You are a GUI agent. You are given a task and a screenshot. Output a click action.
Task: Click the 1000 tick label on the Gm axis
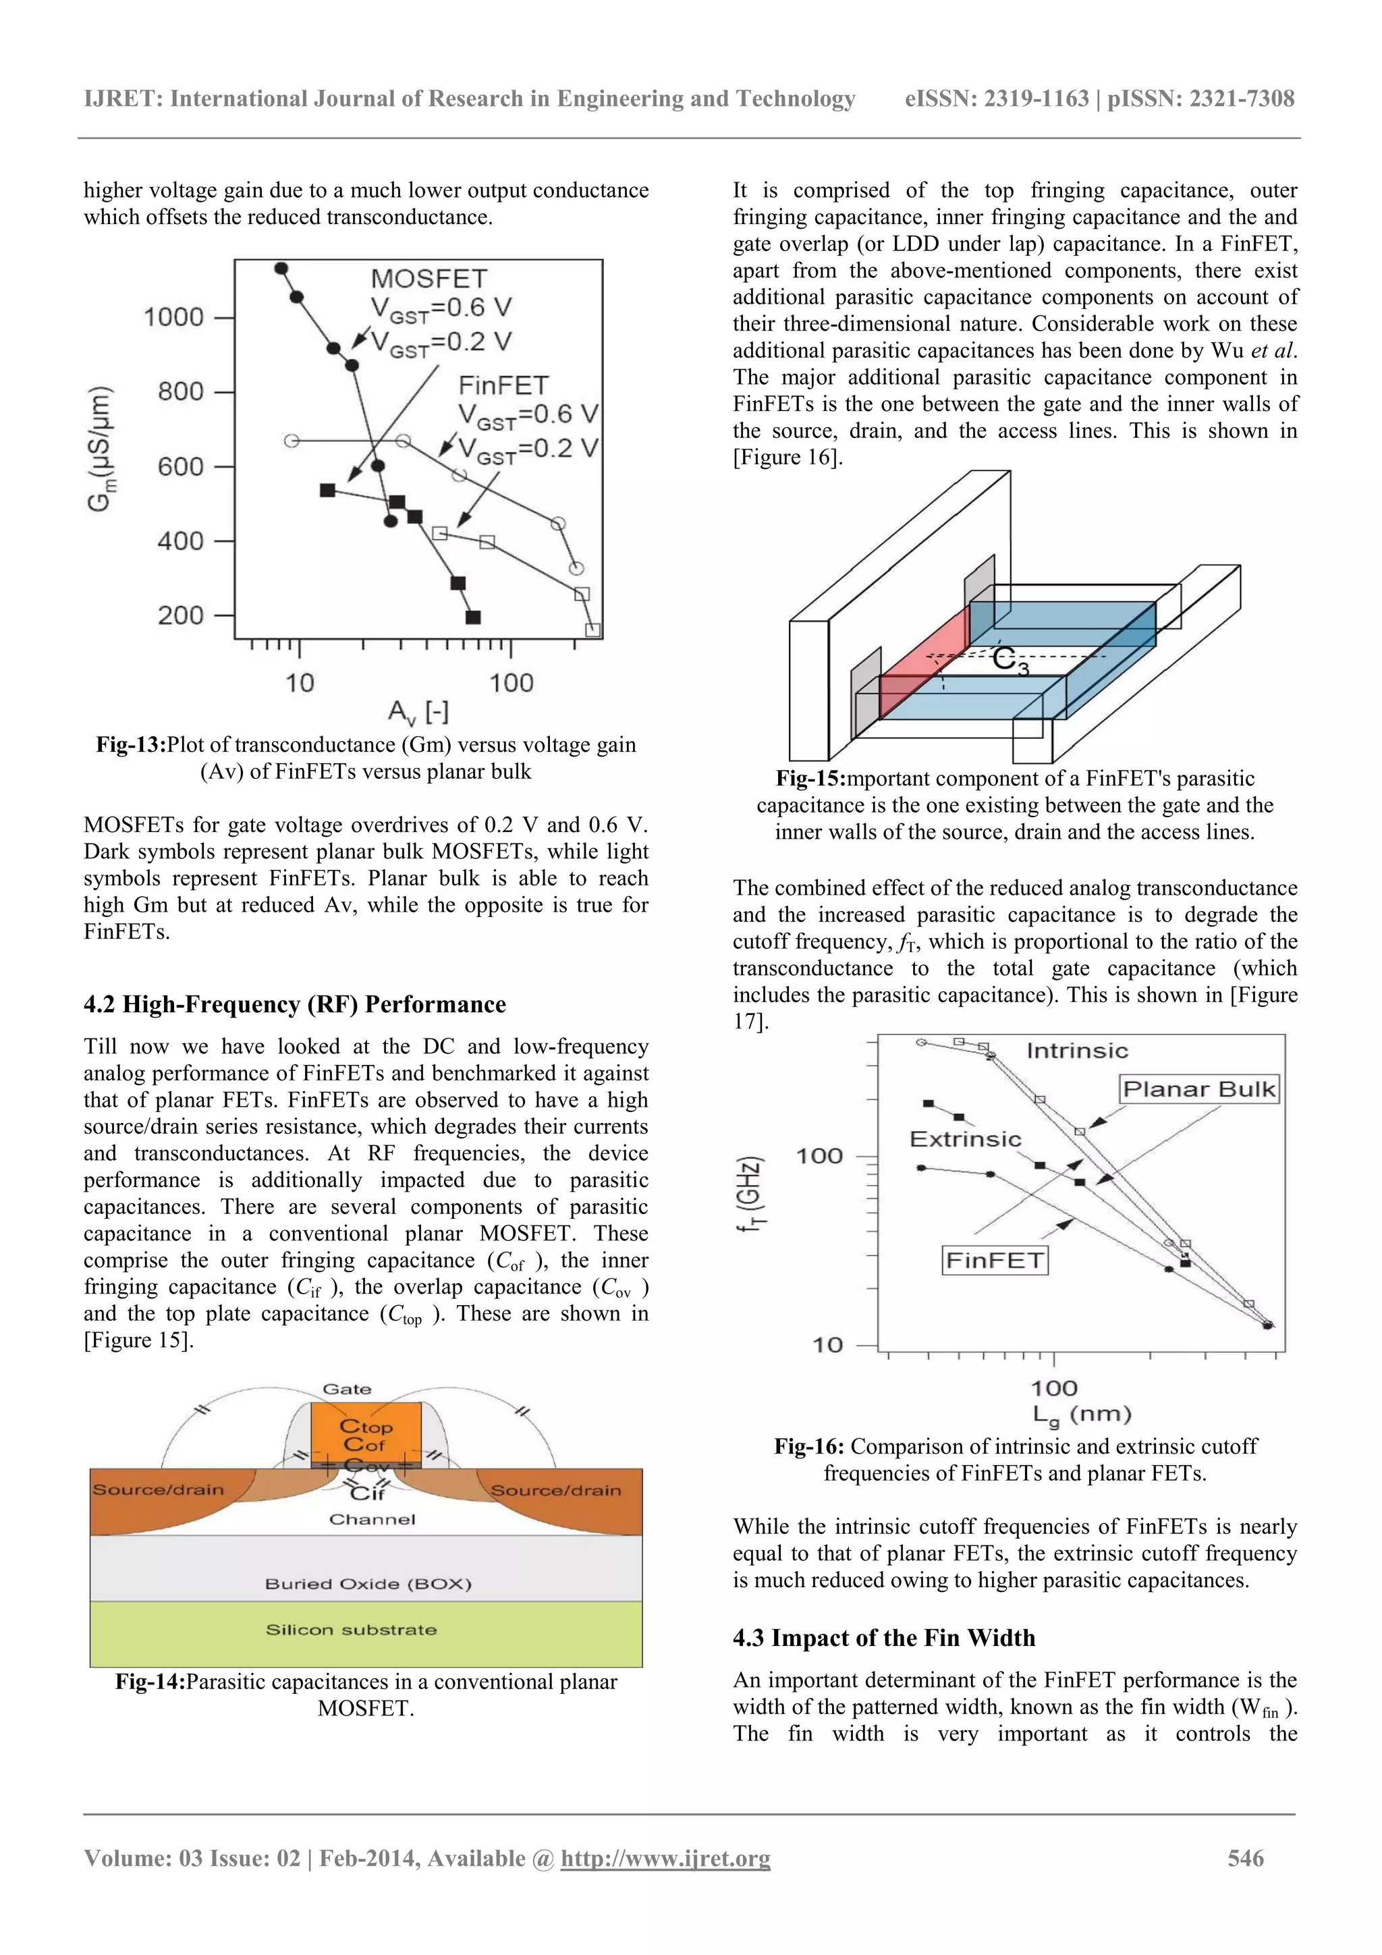pyautogui.click(x=173, y=318)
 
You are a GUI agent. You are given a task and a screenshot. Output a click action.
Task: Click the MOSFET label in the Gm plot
pyautogui.click(x=429, y=279)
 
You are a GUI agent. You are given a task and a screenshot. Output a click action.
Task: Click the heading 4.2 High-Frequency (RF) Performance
pyautogui.click(x=295, y=1005)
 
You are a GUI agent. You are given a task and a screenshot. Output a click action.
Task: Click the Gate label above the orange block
pyautogui.click(x=347, y=1389)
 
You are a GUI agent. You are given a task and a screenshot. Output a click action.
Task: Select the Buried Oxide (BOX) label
pyautogui.click(x=368, y=1584)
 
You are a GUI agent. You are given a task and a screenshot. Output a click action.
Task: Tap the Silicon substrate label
pyautogui.click(x=351, y=1630)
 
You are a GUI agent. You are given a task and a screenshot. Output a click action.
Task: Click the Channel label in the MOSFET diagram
pyautogui.click(x=372, y=1519)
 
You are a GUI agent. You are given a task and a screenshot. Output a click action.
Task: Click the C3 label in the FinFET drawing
pyautogui.click(x=1011, y=660)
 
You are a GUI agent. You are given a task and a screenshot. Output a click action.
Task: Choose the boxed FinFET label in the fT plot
pyautogui.click(x=995, y=1260)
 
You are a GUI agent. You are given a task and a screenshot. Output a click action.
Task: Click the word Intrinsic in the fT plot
pyautogui.click(x=1076, y=1051)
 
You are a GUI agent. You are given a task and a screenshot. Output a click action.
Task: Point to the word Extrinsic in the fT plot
pyautogui.click(x=965, y=1139)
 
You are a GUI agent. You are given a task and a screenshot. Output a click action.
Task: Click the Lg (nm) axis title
pyautogui.click(x=1082, y=1414)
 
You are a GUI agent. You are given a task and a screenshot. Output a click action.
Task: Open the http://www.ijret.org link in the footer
pyautogui.click(x=665, y=1858)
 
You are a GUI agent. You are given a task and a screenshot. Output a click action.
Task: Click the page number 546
pyautogui.click(x=1245, y=1858)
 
